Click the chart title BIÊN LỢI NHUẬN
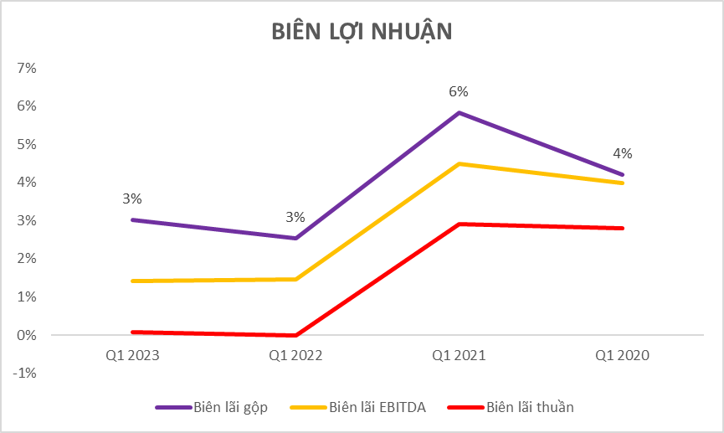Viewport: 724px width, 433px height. click(362, 31)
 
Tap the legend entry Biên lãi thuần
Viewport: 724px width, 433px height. click(530, 408)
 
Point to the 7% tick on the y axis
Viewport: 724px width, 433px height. click(27, 68)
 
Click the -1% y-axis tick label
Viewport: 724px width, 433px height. click(25, 374)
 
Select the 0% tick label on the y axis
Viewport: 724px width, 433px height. click(27, 335)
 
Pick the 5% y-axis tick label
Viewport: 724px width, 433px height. click(27, 144)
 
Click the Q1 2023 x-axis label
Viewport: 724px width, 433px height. click(132, 356)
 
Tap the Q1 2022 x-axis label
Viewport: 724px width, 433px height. click(295, 356)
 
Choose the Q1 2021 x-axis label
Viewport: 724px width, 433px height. click(459, 356)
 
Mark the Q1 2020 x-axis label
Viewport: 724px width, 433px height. click(622, 356)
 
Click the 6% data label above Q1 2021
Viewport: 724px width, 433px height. click(459, 91)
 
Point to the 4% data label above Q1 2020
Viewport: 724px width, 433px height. click(622, 154)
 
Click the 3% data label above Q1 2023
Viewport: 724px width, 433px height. click(132, 199)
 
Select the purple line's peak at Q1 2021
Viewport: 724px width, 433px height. click(459, 112)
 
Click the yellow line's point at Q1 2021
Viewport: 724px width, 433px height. click(459, 163)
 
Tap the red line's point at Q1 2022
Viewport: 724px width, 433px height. click(295, 336)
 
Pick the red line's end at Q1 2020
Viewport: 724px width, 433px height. click(622, 228)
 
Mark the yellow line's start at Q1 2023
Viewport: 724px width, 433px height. click(132, 281)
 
